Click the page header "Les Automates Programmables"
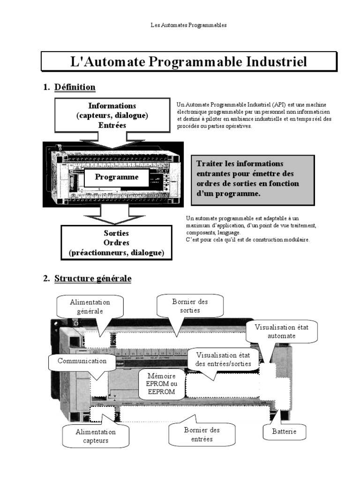coord(188,25)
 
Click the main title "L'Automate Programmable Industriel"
coord(188,62)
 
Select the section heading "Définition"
coord(75,87)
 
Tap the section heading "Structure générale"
coord(93,278)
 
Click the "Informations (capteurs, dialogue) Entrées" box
coord(112,115)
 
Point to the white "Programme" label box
coord(117,177)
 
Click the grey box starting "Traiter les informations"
coord(253,180)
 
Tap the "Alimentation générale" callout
coord(90,307)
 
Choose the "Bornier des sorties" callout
coord(189,306)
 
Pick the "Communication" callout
coord(82,361)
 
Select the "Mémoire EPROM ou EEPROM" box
coord(161,384)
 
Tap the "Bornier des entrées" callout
coord(202,434)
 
